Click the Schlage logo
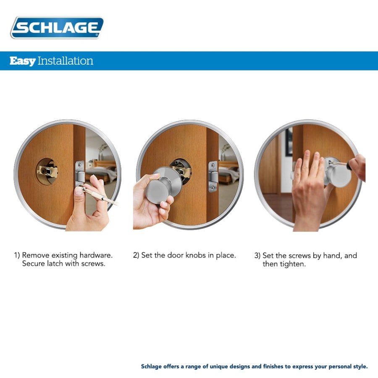(57, 28)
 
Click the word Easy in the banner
(22, 61)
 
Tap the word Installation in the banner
(65, 61)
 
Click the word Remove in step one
(35, 255)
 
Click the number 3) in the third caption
(257, 255)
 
